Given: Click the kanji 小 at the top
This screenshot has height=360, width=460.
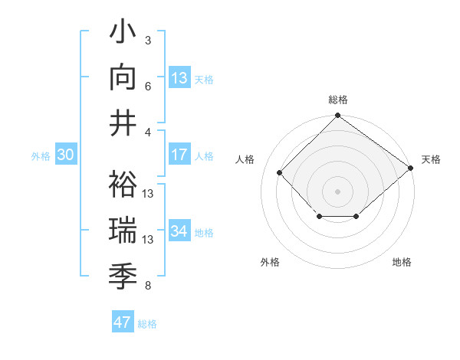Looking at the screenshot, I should (123, 34).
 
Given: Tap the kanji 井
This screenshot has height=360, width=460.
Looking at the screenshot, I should (123, 122).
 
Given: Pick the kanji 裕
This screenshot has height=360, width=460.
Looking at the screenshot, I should (123, 185).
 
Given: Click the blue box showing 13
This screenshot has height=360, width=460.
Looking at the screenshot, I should (179, 77).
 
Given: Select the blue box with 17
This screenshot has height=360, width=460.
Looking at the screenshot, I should (179, 155).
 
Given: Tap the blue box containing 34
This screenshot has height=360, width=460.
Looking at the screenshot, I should (179, 231).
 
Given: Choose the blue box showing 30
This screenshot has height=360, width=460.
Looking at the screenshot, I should (65, 155).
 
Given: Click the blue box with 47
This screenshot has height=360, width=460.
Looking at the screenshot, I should (123, 322).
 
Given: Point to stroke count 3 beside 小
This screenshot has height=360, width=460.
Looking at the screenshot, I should (148, 40).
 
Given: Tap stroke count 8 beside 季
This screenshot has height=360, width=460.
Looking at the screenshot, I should (148, 286).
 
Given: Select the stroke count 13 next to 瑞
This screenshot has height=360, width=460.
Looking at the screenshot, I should (149, 240).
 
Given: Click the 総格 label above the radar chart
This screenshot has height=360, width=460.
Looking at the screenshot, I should (337, 100).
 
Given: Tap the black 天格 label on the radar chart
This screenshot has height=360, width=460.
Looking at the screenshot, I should (431, 159).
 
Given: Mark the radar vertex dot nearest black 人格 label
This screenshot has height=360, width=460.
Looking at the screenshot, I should (280, 172).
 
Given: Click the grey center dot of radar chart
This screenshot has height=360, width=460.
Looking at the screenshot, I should (337, 191).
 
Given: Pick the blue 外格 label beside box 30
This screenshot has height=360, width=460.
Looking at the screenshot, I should (41, 156).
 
